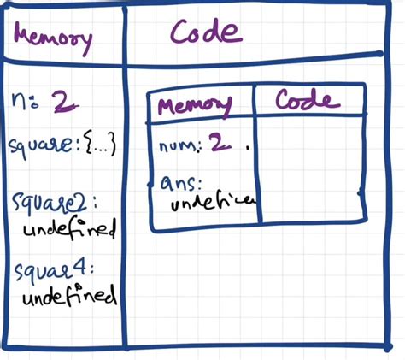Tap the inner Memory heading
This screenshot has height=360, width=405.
pyautogui.click(x=196, y=105)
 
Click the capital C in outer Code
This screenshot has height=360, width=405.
pyautogui.click(x=180, y=33)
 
